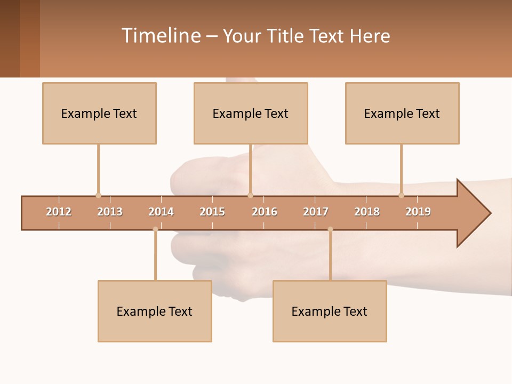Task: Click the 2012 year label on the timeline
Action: [59, 212]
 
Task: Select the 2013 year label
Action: [110, 212]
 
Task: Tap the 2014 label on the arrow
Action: [161, 212]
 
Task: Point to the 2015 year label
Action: [212, 212]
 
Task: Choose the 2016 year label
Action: [265, 212]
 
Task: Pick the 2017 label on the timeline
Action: [316, 212]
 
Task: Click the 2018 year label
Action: [367, 212]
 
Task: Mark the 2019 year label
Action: [418, 212]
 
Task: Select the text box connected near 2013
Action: [99, 113]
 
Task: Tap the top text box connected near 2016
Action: [251, 113]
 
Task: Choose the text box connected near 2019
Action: [402, 113]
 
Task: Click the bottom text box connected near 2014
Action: [155, 311]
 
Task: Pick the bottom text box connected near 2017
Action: [330, 311]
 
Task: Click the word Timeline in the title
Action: [161, 36]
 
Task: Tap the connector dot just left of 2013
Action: [98, 195]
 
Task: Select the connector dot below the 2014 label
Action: [155, 229]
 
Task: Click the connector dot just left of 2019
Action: [401, 195]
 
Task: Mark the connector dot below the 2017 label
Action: [330, 229]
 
